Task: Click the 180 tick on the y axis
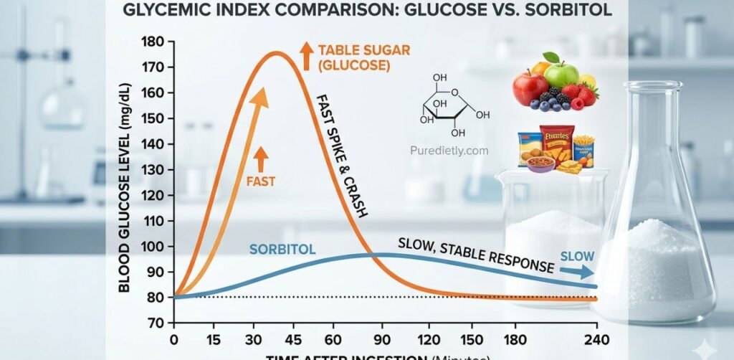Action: tap(153, 41)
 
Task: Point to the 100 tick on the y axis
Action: tap(153, 246)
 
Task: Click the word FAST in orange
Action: tap(262, 182)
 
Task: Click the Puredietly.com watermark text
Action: tap(449, 151)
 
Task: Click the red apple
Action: tap(530, 88)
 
